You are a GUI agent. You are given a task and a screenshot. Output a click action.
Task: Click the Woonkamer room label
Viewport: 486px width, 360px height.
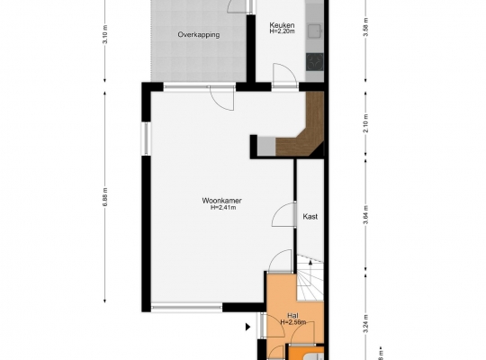click(x=221, y=201)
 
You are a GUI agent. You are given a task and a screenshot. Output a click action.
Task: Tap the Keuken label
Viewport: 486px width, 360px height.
click(x=282, y=25)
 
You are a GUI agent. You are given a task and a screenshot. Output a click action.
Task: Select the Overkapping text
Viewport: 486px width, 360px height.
click(x=199, y=35)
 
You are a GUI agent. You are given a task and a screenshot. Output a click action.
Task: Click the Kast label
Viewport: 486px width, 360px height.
click(x=310, y=216)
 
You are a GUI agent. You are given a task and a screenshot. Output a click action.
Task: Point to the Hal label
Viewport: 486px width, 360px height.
click(x=292, y=316)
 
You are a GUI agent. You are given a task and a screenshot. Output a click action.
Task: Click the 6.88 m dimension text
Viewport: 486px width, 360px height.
click(x=105, y=197)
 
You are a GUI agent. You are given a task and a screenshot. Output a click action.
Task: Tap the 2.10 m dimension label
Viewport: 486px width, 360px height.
click(x=366, y=123)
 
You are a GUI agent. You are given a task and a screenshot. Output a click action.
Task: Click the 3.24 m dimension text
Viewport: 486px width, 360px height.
click(x=366, y=324)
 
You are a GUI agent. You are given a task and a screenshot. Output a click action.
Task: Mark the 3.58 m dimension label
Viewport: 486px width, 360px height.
click(x=366, y=27)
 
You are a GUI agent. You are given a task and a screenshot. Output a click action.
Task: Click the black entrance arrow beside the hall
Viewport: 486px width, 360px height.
click(x=247, y=327)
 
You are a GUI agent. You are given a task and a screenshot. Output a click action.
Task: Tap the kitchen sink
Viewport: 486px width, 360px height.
click(x=315, y=31)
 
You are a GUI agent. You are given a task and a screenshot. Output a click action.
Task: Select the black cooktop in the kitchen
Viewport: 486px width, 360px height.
click(x=315, y=62)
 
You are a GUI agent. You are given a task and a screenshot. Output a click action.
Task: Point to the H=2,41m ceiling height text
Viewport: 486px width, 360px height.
click(x=223, y=208)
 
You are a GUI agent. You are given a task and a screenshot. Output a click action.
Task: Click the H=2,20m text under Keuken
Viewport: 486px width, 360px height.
click(x=282, y=31)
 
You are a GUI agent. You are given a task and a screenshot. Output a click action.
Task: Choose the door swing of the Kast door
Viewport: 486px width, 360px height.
click(x=283, y=214)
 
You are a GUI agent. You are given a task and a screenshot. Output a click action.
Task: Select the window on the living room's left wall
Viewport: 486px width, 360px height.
click(x=146, y=139)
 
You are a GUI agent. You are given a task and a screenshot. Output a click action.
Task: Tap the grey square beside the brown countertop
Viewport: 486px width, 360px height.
click(x=266, y=147)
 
